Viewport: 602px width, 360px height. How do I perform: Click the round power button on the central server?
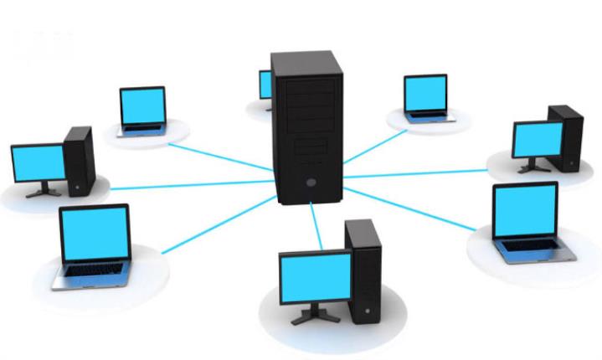311,181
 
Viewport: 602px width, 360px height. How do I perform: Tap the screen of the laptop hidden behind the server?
265,85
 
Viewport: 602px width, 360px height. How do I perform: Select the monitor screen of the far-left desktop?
37,162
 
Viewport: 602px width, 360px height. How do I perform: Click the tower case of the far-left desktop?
79,158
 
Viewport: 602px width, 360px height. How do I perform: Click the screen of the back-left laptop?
142,105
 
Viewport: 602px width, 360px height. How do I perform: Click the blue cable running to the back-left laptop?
218,154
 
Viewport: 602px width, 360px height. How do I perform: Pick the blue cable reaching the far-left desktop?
184,182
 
